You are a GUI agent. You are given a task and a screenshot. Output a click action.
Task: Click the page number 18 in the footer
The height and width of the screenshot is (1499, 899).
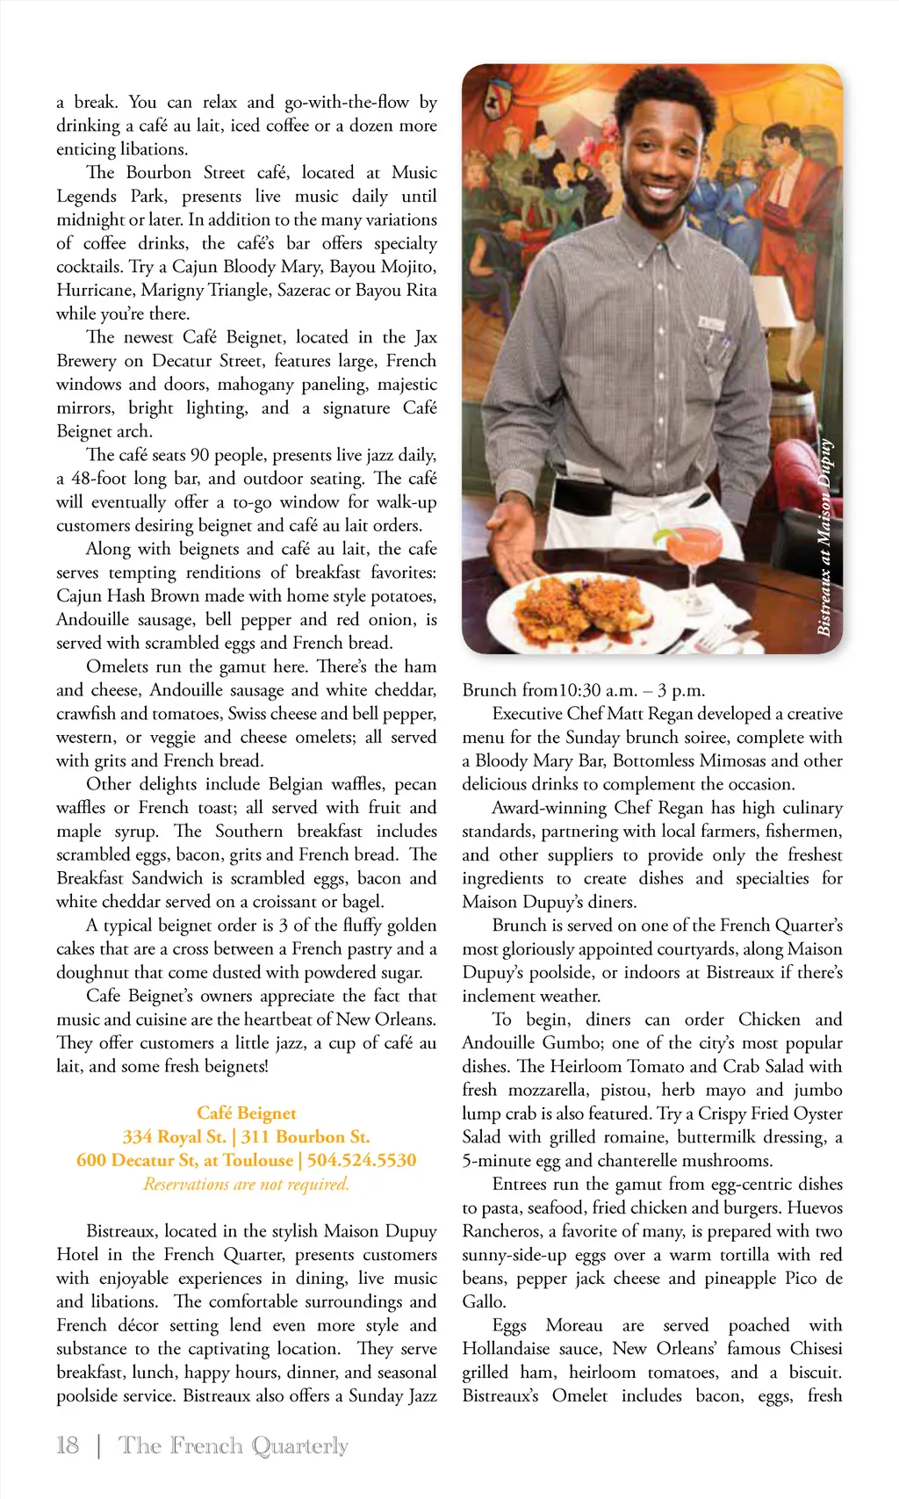[x=68, y=1445]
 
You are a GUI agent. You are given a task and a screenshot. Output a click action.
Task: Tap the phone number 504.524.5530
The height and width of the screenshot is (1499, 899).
[x=361, y=1160]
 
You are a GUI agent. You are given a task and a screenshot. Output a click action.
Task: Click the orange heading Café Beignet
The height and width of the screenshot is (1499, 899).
[x=247, y=1113]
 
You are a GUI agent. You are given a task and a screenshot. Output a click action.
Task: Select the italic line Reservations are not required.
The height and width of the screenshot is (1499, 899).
[x=247, y=1184]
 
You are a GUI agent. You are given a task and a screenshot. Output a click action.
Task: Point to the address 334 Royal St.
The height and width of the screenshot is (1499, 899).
[x=174, y=1136]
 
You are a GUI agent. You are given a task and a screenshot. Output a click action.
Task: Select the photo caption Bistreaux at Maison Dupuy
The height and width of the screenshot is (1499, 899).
[x=824, y=536]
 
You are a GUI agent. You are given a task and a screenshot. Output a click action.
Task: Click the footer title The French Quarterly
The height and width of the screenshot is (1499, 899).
[x=234, y=1445]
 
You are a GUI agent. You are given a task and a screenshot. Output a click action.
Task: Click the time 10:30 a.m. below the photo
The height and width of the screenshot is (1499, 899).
[x=598, y=689]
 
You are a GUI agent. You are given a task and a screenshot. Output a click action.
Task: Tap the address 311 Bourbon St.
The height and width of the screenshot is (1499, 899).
[x=306, y=1136]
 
